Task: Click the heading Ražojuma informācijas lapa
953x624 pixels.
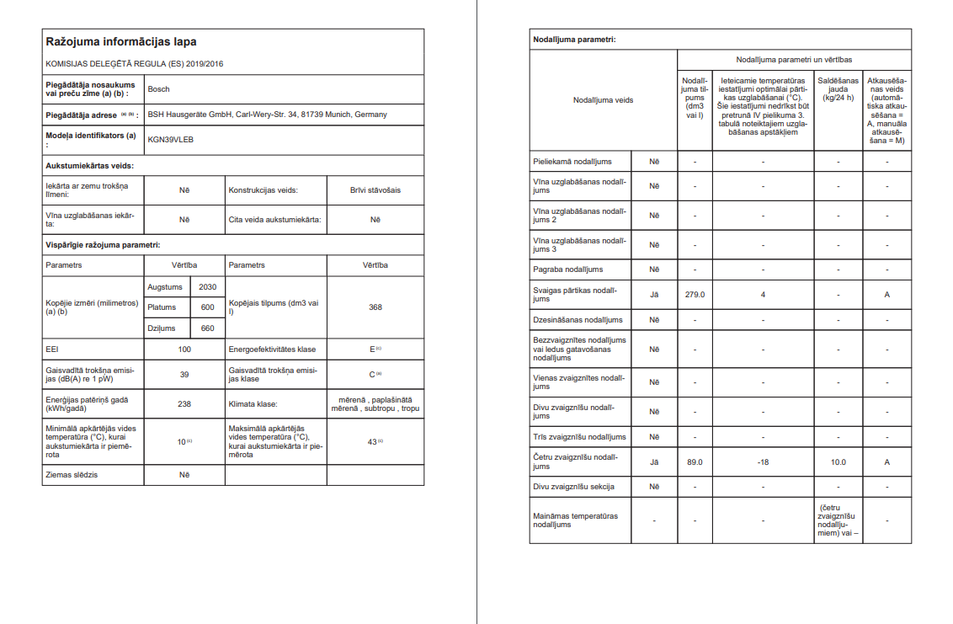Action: pyautogui.click(x=121, y=41)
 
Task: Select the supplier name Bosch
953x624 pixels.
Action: pyautogui.click(x=158, y=88)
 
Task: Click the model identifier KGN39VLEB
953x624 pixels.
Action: pyautogui.click(x=170, y=139)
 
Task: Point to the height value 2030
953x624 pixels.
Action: pyautogui.click(x=207, y=287)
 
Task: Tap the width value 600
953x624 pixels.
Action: pyautogui.click(x=207, y=307)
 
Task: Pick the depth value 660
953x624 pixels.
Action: pyautogui.click(x=207, y=328)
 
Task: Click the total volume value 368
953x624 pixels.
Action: pyautogui.click(x=375, y=307)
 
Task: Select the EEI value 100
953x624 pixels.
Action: pyautogui.click(x=184, y=349)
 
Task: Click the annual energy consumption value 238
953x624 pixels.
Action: pyautogui.click(x=184, y=403)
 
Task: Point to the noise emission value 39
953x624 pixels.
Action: pyautogui.click(x=184, y=375)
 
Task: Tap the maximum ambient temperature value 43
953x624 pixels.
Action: pyautogui.click(x=372, y=442)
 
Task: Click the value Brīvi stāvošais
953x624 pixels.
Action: pyautogui.click(x=375, y=190)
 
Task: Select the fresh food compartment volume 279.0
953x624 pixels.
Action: pyautogui.click(x=695, y=295)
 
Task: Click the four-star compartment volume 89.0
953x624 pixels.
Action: pyautogui.click(x=695, y=462)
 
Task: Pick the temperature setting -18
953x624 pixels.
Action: pyautogui.click(x=763, y=462)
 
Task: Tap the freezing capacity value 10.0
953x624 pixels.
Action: pyautogui.click(x=838, y=462)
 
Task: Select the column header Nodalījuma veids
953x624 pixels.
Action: pyautogui.click(x=603, y=100)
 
